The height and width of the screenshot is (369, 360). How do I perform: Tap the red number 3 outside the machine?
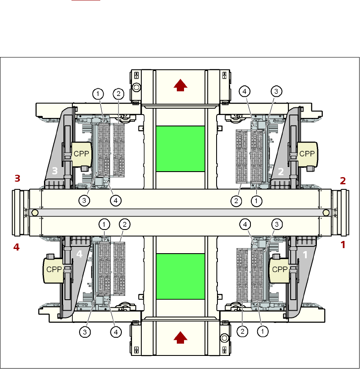click(x=17, y=178)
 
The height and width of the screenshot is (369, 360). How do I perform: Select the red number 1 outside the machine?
click(x=343, y=244)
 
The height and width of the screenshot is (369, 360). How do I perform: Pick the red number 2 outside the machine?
click(x=343, y=180)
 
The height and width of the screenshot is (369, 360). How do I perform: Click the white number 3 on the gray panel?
click(x=54, y=171)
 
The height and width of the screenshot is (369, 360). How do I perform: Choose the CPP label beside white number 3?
click(x=81, y=153)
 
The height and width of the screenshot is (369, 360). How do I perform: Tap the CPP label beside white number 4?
click(x=54, y=270)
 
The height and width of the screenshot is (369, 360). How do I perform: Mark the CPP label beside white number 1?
click(x=280, y=269)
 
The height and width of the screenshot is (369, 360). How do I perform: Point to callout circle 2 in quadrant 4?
click(x=124, y=224)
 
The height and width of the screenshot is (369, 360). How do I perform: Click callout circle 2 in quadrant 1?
click(x=242, y=332)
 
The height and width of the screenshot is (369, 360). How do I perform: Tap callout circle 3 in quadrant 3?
click(x=85, y=201)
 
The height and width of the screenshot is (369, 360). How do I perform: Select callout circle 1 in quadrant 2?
click(x=256, y=201)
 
